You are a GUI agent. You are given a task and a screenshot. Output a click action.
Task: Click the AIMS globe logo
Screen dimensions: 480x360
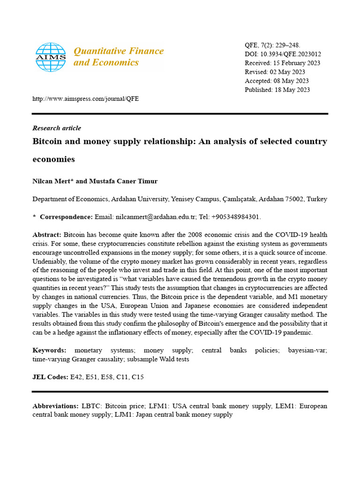(x=51, y=57)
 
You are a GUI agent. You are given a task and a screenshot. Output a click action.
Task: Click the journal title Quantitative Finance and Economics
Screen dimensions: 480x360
(x=119, y=57)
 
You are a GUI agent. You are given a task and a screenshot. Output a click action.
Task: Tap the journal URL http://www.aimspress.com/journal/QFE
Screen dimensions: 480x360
(x=85, y=99)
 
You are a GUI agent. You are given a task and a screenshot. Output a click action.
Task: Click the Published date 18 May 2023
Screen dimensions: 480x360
(x=292, y=90)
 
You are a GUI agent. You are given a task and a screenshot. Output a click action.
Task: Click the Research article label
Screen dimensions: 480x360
(x=57, y=128)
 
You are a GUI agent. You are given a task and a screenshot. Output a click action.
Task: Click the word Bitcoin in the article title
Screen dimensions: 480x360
(x=49, y=142)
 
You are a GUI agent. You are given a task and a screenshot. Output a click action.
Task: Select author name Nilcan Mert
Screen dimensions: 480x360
(x=52, y=180)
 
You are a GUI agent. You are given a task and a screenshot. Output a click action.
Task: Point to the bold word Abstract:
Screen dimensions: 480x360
(x=47, y=234)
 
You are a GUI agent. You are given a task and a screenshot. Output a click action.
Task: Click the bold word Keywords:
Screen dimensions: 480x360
(x=49, y=350)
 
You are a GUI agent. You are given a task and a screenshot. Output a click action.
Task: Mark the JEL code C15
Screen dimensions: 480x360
(x=137, y=377)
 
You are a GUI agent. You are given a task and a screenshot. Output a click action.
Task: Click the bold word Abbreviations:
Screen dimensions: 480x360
(x=55, y=406)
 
